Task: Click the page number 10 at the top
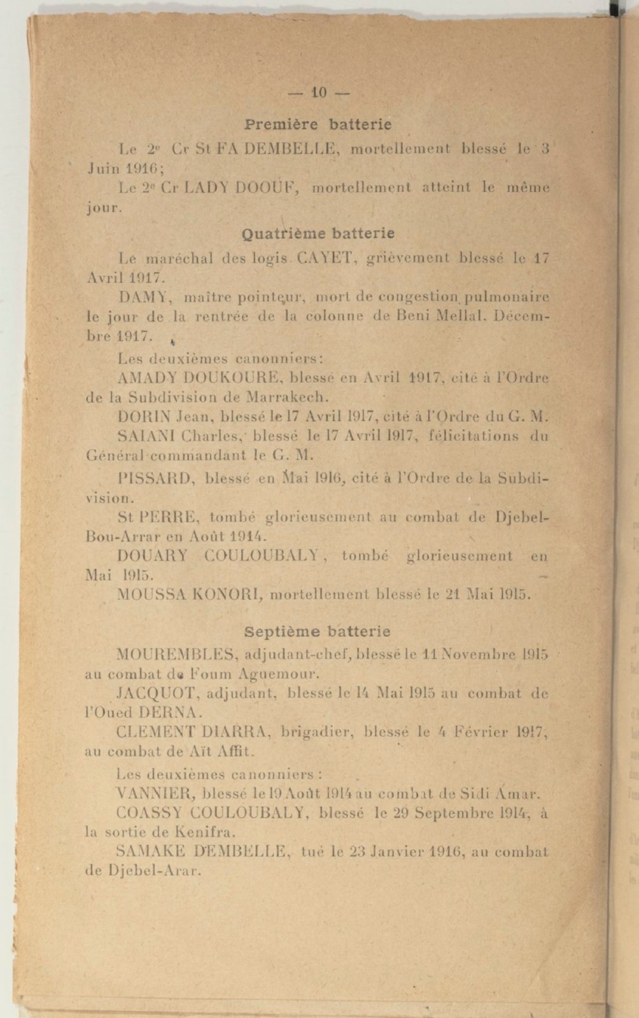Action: pos(318,94)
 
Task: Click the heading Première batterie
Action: pos(318,123)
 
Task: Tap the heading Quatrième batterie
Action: pos(318,234)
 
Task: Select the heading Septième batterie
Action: pos(318,632)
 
